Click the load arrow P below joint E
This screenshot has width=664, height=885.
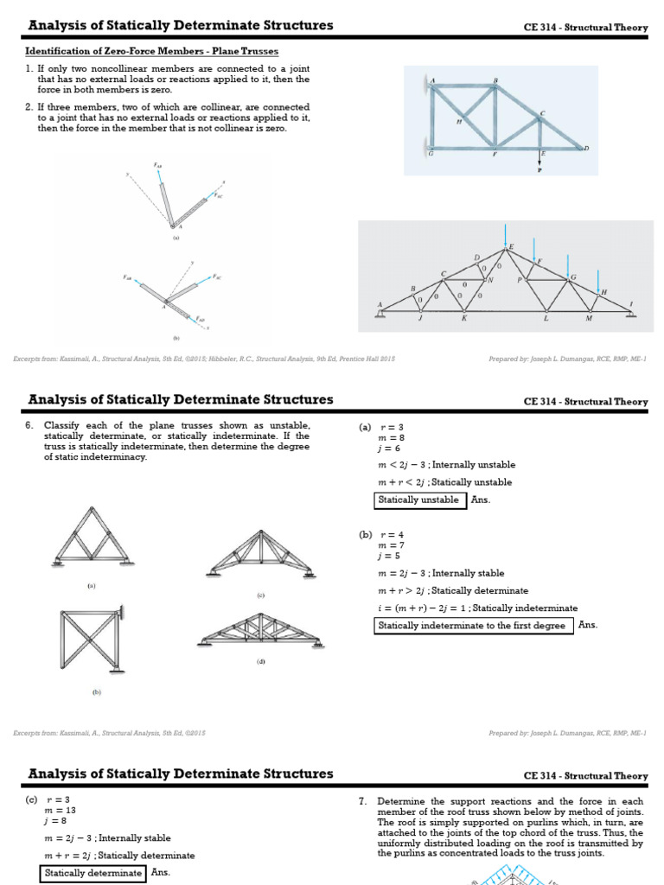pyautogui.click(x=540, y=162)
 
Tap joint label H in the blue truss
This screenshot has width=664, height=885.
pyautogui.click(x=458, y=123)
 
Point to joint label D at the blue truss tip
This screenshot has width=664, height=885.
pyautogui.click(x=586, y=149)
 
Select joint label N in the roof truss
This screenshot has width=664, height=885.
pyautogui.click(x=490, y=280)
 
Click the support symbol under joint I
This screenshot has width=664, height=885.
pyautogui.click(x=630, y=314)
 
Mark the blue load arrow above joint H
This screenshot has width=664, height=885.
pyautogui.click(x=598, y=279)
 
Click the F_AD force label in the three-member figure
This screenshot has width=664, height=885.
pyautogui.click(x=201, y=319)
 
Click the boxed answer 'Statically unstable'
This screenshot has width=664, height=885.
pyautogui.click(x=418, y=500)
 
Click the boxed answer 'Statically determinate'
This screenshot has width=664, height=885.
pyautogui.click(x=94, y=873)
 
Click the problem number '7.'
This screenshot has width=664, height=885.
pyautogui.click(x=364, y=801)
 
